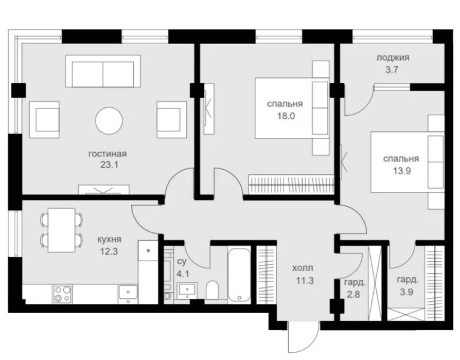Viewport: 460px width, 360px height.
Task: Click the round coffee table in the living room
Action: click(x=109, y=121)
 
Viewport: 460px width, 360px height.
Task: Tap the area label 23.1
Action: click(x=109, y=165)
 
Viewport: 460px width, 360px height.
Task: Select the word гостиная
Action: click(x=108, y=154)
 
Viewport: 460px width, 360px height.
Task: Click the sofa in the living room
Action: click(x=103, y=71)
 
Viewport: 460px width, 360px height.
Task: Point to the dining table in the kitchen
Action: click(x=62, y=230)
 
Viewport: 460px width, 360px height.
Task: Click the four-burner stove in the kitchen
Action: click(x=62, y=294)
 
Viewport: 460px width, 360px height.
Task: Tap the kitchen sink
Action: click(x=128, y=292)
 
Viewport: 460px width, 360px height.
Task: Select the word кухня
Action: click(x=109, y=240)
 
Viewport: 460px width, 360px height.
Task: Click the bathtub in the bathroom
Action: click(x=239, y=275)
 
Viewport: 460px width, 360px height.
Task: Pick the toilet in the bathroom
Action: click(x=212, y=290)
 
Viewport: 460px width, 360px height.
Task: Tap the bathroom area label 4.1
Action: click(x=183, y=274)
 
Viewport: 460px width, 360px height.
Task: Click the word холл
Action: click(x=303, y=268)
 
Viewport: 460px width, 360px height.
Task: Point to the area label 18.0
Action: click(x=286, y=116)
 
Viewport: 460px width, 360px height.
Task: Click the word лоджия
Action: click(x=393, y=58)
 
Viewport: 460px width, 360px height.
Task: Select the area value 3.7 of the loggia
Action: click(x=392, y=70)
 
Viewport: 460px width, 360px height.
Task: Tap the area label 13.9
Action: click(x=402, y=171)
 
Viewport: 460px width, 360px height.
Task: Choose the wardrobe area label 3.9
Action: click(x=406, y=292)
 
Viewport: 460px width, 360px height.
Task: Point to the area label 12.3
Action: click(x=109, y=251)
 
